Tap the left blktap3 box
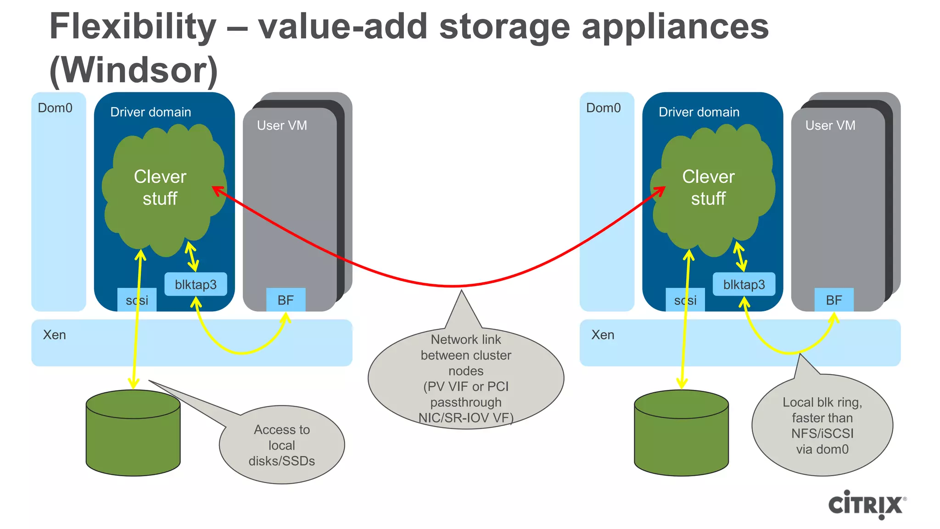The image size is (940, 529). click(x=196, y=284)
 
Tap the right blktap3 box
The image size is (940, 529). click(x=744, y=284)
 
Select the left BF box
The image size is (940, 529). click(x=285, y=300)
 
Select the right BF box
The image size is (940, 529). click(x=834, y=300)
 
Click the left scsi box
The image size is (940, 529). click(x=137, y=300)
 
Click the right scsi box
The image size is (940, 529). click(x=685, y=300)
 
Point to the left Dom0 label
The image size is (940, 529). click(x=55, y=108)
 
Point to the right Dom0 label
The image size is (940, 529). click(x=603, y=108)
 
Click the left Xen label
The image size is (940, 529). click(x=54, y=335)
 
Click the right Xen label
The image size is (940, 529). click(x=603, y=335)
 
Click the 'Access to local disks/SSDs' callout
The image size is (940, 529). click(x=282, y=445)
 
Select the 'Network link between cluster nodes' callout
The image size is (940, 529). click(x=466, y=378)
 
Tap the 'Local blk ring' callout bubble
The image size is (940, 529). click(x=822, y=425)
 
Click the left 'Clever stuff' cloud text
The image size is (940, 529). click(x=160, y=187)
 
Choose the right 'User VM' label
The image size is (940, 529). click(x=830, y=125)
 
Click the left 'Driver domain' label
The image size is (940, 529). click(x=151, y=112)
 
